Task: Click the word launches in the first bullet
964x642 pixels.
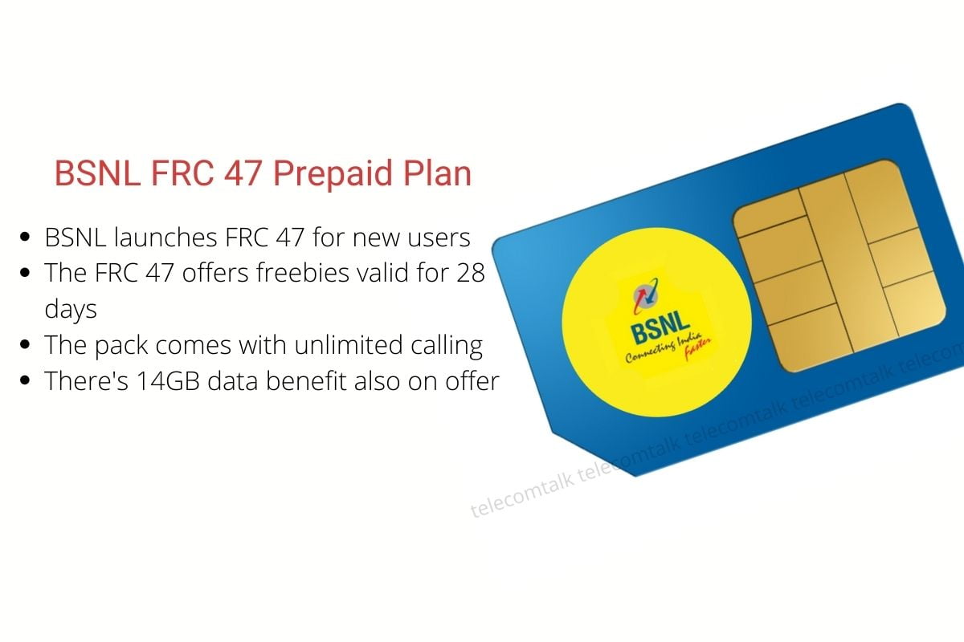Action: pyautogui.click(x=165, y=237)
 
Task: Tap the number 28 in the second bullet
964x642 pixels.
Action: pyautogui.click(x=471, y=273)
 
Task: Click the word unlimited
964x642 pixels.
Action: pyautogui.click(x=349, y=345)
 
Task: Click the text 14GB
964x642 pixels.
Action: pyautogui.click(x=168, y=381)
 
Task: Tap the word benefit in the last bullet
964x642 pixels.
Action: pyautogui.click(x=306, y=380)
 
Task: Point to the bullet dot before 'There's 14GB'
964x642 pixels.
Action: pyautogui.click(x=26, y=380)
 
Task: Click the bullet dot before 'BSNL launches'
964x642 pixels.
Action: pyautogui.click(x=26, y=237)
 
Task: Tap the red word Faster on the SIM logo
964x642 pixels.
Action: pyautogui.click(x=697, y=348)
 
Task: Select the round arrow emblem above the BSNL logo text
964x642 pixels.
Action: pyautogui.click(x=646, y=296)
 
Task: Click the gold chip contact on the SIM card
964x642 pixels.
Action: pyautogui.click(x=839, y=266)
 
